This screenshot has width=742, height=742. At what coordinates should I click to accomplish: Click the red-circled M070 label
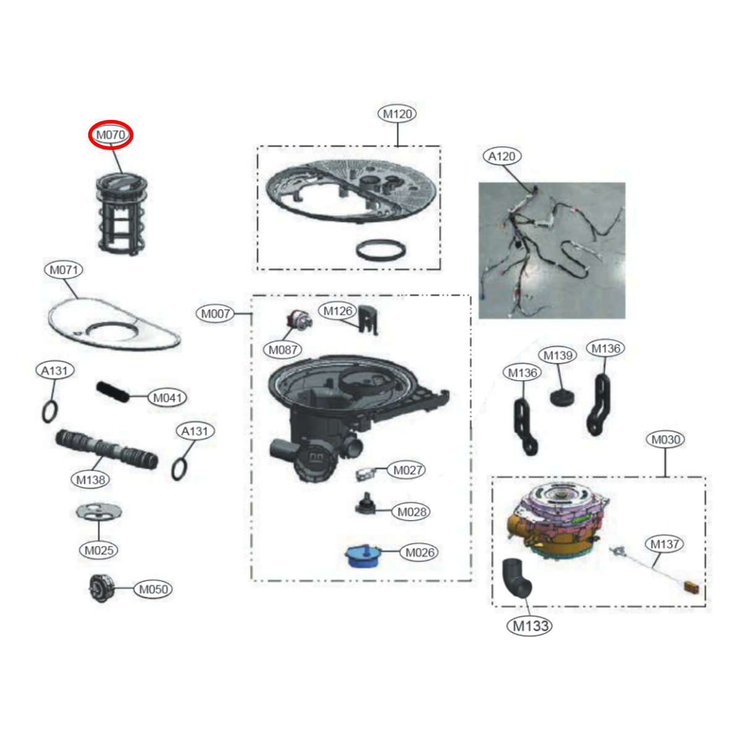click(x=111, y=135)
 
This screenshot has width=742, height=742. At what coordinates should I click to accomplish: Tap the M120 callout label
click(x=398, y=114)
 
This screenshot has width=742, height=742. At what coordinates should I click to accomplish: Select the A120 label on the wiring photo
click(x=502, y=156)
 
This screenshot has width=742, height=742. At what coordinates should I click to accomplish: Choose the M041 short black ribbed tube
click(x=112, y=392)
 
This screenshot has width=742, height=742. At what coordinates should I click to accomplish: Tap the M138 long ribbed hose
click(x=106, y=450)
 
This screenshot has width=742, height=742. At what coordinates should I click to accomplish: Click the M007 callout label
click(x=216, y=314)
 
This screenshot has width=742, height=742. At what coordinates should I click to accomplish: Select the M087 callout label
click(x=283, y=350)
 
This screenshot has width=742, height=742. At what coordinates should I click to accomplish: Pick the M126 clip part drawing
click(x=369, y=320)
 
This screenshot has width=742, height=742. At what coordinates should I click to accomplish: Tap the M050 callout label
click(x=153, y=589)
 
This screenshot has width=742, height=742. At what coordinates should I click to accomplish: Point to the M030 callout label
click(x=666, y=440)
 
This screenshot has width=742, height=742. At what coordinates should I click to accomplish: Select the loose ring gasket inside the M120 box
click(x=381, y=250)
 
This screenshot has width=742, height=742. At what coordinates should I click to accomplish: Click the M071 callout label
click(x=64, y=270)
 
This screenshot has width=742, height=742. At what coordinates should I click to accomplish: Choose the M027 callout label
click(x=407, y=470)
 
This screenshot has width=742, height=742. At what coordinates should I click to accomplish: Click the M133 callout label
click(x=531, y=626)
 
